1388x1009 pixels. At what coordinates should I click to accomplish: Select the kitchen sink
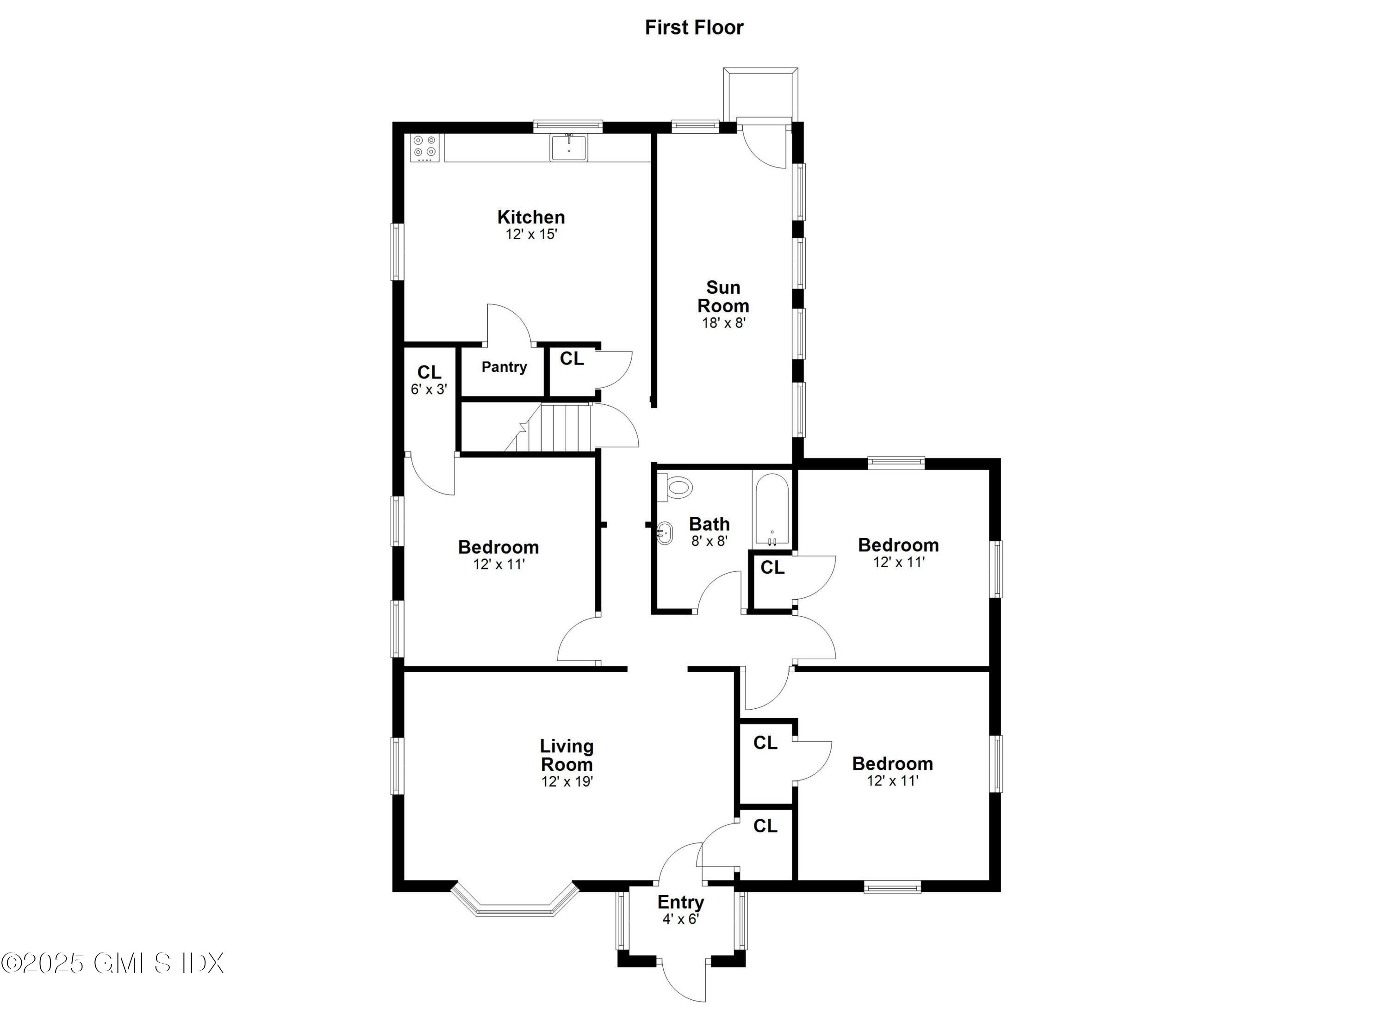coord(568,148)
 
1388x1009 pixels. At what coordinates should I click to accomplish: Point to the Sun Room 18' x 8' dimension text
coord(723,323)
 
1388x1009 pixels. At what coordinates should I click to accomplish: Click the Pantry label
coord(504,367)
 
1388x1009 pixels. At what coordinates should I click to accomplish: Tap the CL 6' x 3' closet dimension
coord(429,389)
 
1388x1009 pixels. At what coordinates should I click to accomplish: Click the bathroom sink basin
coord(664,533)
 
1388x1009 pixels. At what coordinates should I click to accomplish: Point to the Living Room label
coord(566,755)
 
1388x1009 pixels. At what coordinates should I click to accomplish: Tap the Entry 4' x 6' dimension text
coord(680,919)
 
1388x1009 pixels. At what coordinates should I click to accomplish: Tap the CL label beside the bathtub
coord(772,568)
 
